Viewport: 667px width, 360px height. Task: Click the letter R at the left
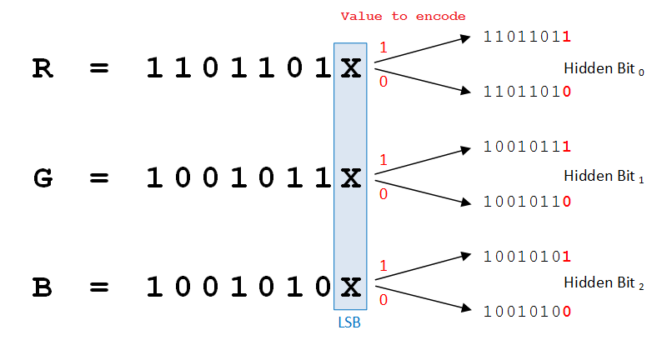(42, 69)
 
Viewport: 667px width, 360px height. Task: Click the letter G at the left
(43, 178)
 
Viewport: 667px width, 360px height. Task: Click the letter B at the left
(42, 287)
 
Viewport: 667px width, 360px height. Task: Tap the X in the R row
(351, 69)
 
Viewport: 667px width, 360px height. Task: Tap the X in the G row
(351, 178)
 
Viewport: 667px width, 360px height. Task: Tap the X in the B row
(351, 287)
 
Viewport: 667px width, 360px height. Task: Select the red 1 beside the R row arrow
(383, 48)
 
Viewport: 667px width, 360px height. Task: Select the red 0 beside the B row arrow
(383, 299)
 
